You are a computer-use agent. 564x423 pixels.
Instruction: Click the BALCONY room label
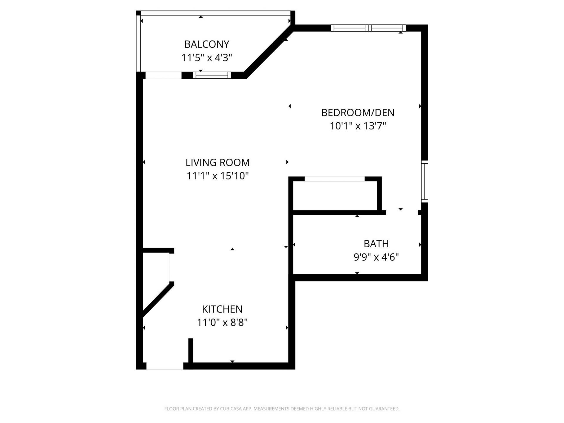207,44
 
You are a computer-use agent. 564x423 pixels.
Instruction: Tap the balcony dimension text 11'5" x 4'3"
207,58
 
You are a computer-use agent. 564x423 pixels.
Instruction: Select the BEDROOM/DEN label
357,113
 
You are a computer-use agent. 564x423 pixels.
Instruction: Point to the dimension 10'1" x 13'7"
357,126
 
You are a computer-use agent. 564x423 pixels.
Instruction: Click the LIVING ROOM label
217,162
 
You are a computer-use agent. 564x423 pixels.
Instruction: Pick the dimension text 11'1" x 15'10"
217,176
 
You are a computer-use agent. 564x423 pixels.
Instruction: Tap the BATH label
376,244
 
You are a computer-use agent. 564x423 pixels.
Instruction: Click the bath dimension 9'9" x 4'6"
376,257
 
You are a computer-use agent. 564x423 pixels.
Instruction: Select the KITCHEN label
222,309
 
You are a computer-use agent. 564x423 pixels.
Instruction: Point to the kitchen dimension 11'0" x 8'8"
222,323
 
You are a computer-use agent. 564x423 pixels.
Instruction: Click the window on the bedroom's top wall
368,28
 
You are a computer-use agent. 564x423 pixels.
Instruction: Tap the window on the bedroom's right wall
424,181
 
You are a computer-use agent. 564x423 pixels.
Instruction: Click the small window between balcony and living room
212,75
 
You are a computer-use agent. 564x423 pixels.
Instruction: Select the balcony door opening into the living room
163,75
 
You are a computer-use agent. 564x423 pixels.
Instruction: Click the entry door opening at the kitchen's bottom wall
164,366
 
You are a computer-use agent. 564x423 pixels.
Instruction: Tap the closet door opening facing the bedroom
334,179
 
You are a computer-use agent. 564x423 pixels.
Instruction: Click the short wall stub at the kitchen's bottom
191,351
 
